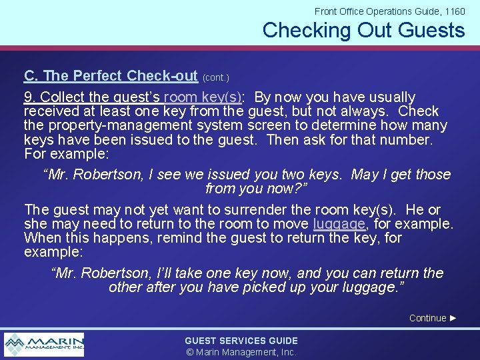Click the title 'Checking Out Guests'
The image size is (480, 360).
coord(363,30)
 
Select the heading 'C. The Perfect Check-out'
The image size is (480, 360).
coord(111,75)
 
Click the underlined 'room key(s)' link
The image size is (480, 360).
coord(203,97)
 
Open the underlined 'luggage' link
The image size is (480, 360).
coord(339,224)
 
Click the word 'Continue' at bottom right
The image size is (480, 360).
coord(427,318)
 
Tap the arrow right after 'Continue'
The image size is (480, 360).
coord(453,318)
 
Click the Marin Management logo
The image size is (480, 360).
coord(44,344)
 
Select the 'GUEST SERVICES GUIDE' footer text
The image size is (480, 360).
coord(241,341)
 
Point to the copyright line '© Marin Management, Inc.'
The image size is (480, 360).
coord(241,352)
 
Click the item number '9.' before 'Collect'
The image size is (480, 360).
coord(29,97)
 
